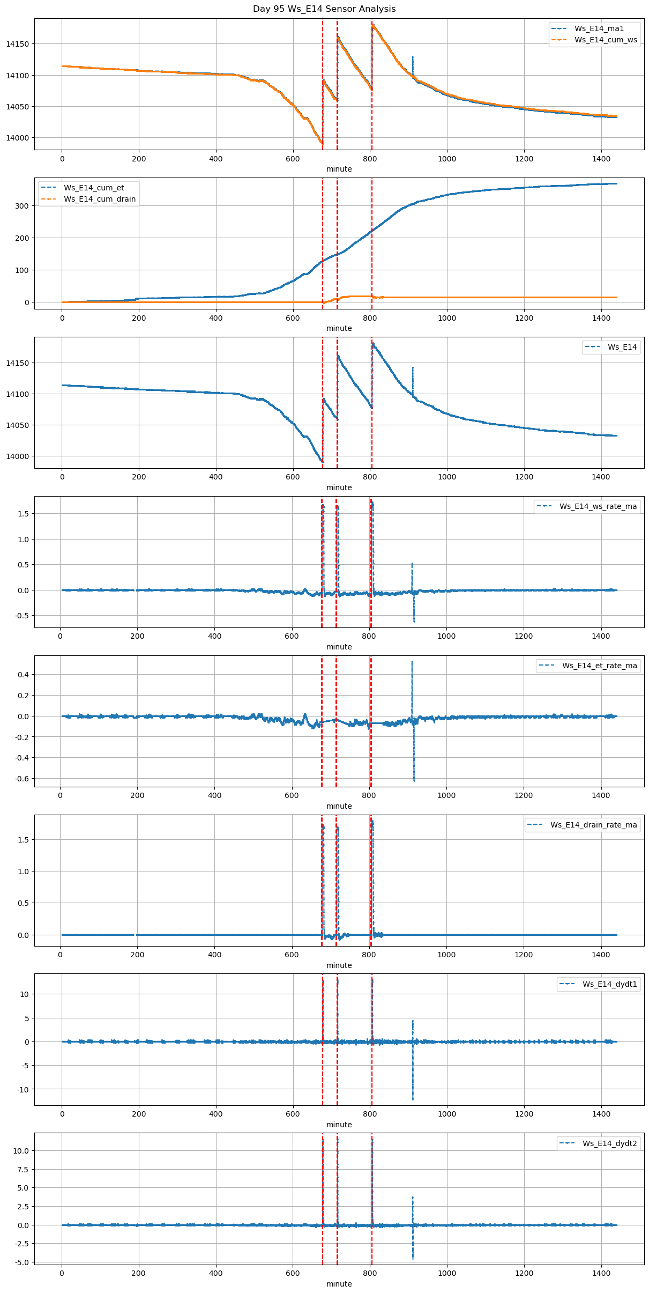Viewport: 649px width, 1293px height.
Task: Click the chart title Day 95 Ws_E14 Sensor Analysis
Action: (324, 9)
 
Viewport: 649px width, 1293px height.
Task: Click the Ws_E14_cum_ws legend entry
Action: (606, 40)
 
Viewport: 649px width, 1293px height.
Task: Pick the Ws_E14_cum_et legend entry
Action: (94, 188)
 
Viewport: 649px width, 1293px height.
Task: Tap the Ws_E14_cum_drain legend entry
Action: (100, 199)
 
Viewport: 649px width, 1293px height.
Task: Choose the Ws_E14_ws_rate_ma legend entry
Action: (598, 506)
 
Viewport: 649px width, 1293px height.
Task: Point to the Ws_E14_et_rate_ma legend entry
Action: (599, 666)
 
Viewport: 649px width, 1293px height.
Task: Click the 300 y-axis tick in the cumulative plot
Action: (22, 206)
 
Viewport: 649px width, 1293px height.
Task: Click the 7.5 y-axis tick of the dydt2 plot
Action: (24, 1169)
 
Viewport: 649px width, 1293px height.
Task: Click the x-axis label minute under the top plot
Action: (339, 169)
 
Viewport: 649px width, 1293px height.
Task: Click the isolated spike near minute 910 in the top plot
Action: (413, 57)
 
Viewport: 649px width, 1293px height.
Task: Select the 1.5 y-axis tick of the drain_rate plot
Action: (25, 840)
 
